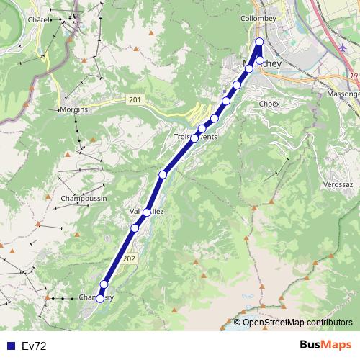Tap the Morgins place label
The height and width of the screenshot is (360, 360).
point(73,110)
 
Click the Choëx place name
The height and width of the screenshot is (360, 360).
point(269,104)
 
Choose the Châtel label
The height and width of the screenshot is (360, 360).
point(37,20)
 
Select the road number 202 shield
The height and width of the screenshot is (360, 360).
point(129,258)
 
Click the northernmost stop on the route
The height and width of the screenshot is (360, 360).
point(259,41)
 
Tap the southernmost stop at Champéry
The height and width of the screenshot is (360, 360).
point(99,299)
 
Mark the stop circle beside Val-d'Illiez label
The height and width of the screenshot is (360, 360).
point(147,212)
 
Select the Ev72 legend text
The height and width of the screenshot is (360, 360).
point(34,346)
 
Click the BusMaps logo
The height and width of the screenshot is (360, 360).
point(325,345)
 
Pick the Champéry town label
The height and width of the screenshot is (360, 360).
point(96,297)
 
